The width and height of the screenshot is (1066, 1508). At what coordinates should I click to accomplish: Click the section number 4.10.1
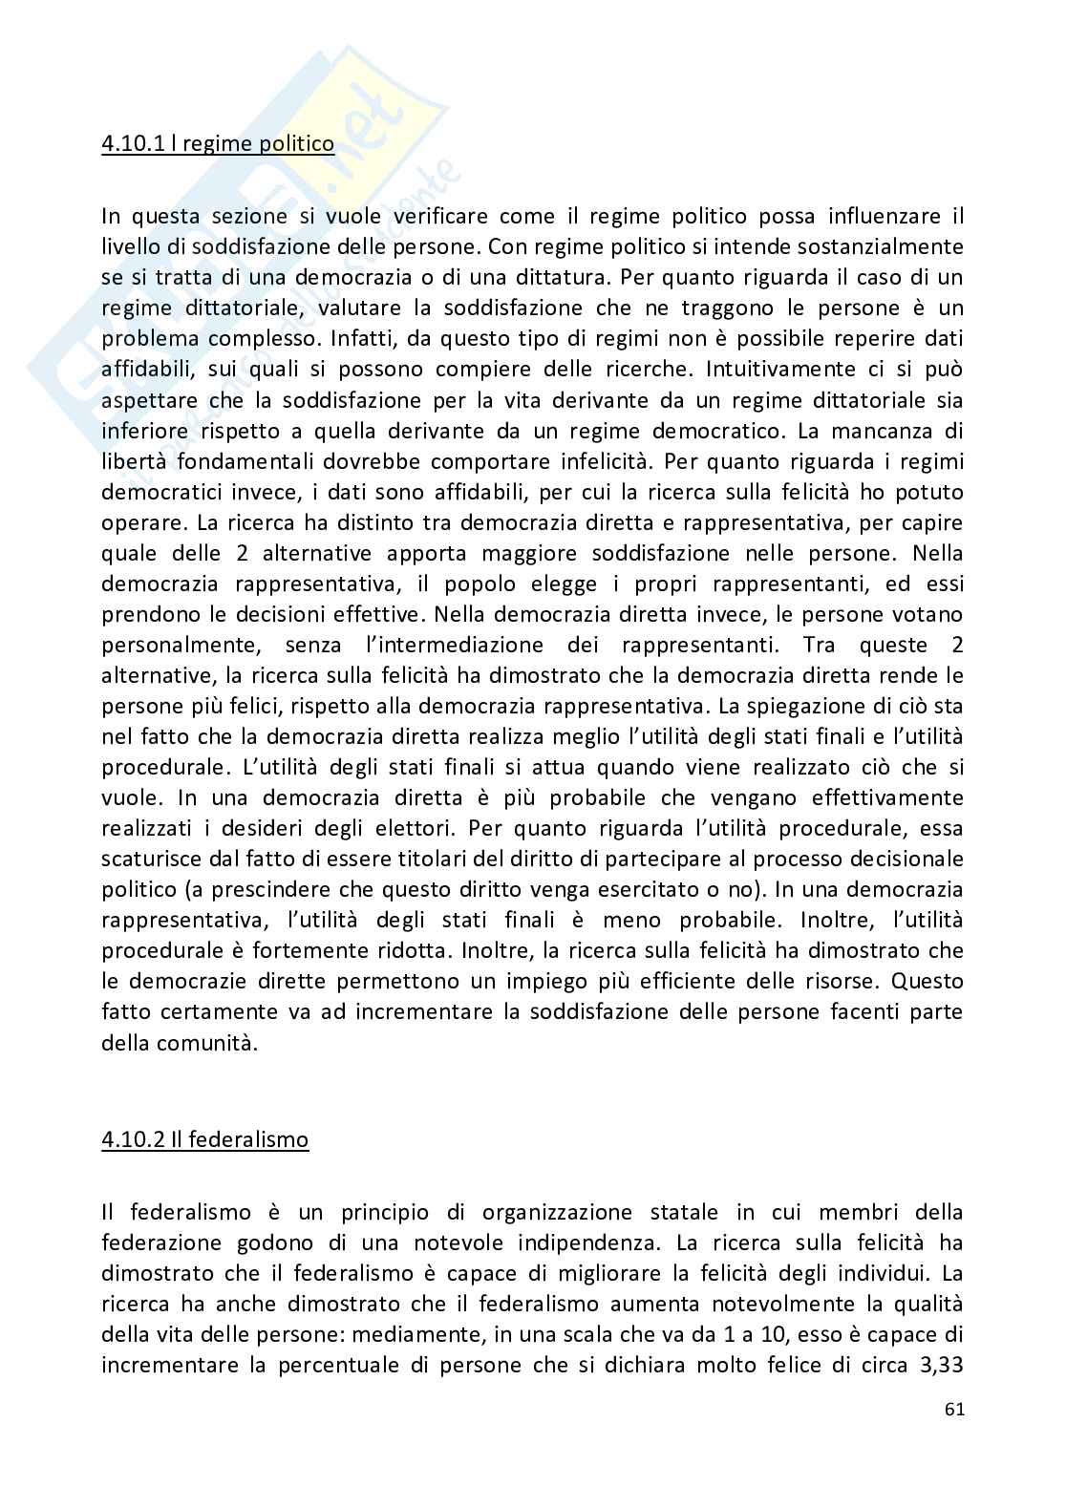(x=131, y=144)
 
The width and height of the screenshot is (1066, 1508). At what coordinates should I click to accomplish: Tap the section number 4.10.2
(x=131, y=1140)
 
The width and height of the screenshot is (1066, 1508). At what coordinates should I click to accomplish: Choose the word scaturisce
(x=151, y=859)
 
